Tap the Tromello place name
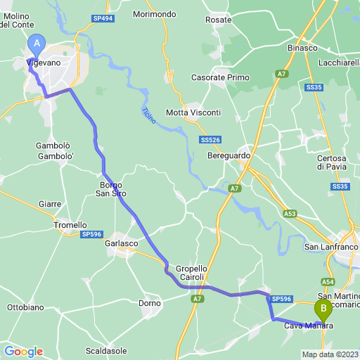point(70,225)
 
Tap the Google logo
point(23,351)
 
